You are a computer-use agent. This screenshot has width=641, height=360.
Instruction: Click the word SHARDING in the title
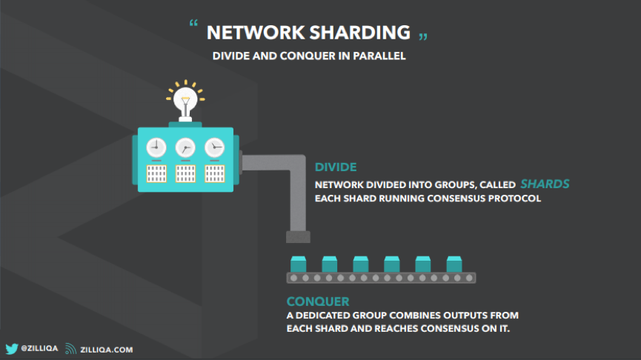pos(359,33)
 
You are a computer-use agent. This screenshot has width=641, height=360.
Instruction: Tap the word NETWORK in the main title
pos(256,33)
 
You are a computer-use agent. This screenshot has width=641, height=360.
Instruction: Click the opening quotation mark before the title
pos(193,23)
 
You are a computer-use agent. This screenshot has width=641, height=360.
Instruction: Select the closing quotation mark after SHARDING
pos(423,37)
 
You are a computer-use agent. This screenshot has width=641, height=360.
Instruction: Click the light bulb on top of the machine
pos(185,100)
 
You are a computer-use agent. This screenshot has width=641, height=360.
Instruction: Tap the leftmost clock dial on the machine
pos(156,147)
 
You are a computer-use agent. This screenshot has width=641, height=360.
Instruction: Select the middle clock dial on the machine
pos(185,147)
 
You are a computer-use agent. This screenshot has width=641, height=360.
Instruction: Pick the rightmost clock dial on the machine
pos(215,147)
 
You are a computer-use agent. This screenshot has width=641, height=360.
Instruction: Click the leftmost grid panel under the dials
pos(156,173)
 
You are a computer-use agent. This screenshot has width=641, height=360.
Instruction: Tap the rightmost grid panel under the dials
pos(215,173)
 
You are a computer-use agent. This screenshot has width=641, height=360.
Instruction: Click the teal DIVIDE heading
pos(336,167)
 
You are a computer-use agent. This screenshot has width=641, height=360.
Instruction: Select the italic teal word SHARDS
pos(545,184)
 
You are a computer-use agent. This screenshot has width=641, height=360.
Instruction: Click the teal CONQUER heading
pos(318,301)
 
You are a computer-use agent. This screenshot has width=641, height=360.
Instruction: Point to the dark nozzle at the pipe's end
pos(298,237)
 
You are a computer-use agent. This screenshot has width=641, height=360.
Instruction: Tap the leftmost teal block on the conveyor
pos(299,264)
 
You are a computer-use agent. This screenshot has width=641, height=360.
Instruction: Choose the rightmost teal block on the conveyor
pos(454,264)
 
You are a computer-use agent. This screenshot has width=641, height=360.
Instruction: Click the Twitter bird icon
pos(12,349)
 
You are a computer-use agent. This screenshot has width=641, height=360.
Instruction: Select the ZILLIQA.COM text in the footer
pos(106,350)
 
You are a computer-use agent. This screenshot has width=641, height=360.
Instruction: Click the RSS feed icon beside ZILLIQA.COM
pos(70,349)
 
